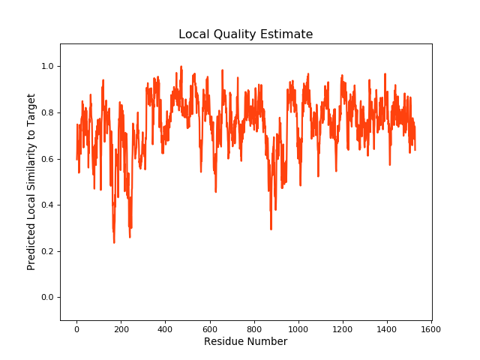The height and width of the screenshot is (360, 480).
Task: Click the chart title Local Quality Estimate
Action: coord(245,34)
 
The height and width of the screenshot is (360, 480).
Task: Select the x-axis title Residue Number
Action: coord(245,342)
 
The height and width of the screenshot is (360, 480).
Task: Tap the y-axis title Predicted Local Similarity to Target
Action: coord(31,181)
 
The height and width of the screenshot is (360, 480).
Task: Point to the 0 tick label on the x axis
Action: coord(76,328)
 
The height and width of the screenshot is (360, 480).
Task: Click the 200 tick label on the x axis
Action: coord(121,328)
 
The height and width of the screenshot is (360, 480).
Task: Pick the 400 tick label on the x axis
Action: coord(165,328)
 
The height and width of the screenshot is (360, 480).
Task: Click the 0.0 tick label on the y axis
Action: coord(47,298)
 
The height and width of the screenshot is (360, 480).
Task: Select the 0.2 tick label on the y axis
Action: coord(47,251)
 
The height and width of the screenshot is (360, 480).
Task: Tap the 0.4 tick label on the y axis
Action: coord(47,205)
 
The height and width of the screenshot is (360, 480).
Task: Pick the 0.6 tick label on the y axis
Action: coord(47,159)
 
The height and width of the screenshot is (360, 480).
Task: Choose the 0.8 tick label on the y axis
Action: coord(47,113)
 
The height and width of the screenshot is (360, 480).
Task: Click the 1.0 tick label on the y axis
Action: coord(47,67)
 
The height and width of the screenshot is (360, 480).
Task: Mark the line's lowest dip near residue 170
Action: coord(114,241)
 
